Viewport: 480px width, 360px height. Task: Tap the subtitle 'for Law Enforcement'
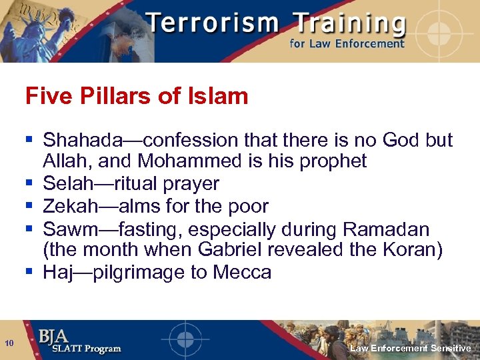(346, 44)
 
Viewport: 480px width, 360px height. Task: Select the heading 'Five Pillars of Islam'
(137, 97)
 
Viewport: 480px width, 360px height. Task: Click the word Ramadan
(386, 229)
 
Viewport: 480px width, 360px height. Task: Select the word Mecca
(242, 272)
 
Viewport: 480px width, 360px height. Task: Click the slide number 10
(9, 343)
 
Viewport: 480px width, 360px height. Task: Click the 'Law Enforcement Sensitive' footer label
(411, 349)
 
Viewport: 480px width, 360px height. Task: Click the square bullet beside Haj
(29, 271)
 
